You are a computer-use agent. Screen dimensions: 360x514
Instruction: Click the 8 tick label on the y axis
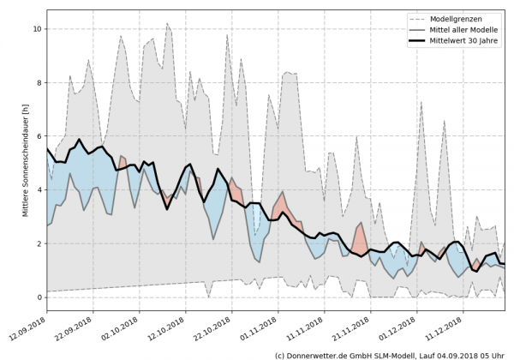(x=38, y=82)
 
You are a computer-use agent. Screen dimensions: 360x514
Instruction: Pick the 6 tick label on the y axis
(x=38, y=136)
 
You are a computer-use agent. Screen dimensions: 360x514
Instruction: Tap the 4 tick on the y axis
(x=38, y=189)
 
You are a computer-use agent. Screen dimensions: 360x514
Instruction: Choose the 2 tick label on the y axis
(x=38, y=243)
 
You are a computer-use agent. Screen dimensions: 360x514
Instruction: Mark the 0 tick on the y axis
(x=38, y=297)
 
